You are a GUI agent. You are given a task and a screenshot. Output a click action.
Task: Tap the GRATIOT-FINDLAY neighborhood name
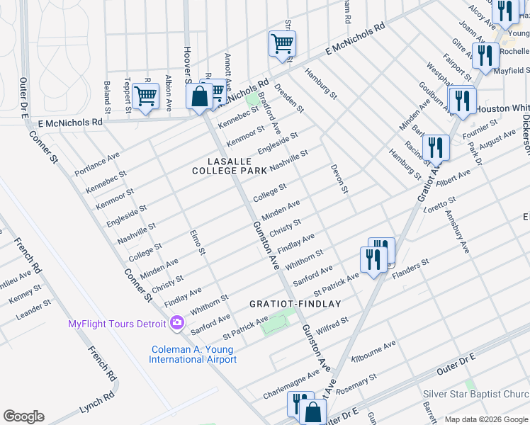[295, 303]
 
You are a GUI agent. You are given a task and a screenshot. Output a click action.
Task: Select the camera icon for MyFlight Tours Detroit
[177, 324]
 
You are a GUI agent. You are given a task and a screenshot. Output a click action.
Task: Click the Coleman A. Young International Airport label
[193, 354]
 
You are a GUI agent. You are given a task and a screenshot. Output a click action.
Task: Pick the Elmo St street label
[197, 242]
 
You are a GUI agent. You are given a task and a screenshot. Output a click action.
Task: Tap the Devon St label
[339, 179]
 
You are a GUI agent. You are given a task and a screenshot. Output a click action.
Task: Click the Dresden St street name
[288, 99]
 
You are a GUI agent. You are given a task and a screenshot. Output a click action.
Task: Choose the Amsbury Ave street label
[458, 237]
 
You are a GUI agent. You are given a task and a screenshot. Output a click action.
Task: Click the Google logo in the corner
[23, 416]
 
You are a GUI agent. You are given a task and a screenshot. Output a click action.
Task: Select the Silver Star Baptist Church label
[485, 395]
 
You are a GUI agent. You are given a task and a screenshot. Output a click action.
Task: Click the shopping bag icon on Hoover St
[201, 96]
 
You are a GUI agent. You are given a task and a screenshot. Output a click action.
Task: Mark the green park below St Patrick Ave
[275, 324]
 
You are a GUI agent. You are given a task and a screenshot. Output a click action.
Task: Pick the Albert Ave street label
[453, 178]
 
